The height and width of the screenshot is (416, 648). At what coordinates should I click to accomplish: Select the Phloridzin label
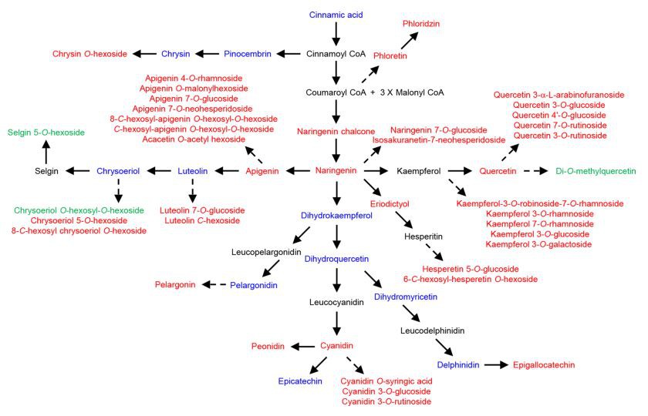tap(421, 24)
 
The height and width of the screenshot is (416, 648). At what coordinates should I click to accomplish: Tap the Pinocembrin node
tap(248, 54)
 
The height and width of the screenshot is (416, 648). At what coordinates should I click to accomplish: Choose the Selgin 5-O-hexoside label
tap(46, 133)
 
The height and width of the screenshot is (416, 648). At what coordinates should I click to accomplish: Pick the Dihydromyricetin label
tap(406, 296)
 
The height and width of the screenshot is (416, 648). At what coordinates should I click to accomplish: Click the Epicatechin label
tap(300, 381)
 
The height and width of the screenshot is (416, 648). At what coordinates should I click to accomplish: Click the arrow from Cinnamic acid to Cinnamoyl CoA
tap(335, 34)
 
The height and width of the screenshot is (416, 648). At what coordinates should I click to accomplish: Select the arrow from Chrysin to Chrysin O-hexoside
tap(143, 54)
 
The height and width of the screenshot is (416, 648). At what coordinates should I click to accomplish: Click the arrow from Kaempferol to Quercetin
tap(460, 170)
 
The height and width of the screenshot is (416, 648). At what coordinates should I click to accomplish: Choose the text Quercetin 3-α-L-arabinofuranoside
tap(559, 95)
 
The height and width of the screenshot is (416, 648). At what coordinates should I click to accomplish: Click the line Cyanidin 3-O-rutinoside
tap(386, 401)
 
